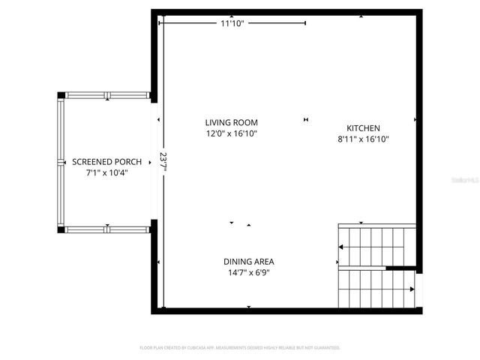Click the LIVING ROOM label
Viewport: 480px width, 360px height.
[x=232, y=122]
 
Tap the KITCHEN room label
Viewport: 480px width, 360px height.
[x=363, y=128]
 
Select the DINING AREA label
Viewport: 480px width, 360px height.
[x=248, y=262]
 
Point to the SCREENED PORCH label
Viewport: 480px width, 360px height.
[x=103, y=162]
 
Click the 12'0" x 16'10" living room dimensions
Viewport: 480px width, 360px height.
[x=232, y=133]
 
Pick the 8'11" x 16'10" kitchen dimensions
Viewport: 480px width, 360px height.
[x=363, y=139]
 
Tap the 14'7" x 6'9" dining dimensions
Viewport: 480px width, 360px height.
[x=248, y=273]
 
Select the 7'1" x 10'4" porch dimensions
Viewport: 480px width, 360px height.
[x=103, y=173]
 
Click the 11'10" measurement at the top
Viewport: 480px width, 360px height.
[x=232, y=23]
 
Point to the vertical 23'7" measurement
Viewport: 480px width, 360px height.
[x=163, y=161]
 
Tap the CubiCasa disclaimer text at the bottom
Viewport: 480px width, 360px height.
[x=240, y=348]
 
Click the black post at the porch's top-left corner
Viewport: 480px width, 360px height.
[x=61, y=95]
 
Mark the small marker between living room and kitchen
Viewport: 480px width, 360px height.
[x=305, y=119]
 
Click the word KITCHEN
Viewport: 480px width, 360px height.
[x=363, y=128]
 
